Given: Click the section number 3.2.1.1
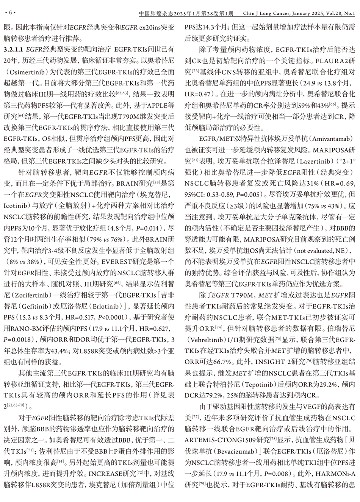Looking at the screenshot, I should [14, 49].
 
